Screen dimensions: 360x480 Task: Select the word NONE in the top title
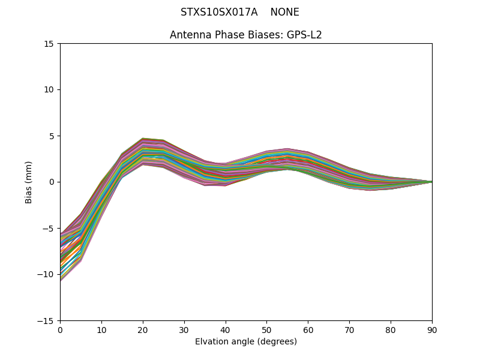tap(284, 12)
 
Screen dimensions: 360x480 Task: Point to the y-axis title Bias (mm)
tap(29, 182)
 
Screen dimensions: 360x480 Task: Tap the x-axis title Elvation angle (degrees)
tap(246, 341)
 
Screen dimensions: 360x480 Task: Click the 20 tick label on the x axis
tap(143, 329)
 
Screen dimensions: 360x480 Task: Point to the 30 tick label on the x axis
tap(184, 329)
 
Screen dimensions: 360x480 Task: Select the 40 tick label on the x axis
tap(226, 329)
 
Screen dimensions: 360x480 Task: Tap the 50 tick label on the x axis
tap(267, 329)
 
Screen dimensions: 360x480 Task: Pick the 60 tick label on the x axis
tap(308, 329)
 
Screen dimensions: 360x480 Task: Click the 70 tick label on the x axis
tap(349, 329)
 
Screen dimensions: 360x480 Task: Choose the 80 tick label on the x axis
tap(391, 329)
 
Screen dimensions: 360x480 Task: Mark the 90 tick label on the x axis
tap(432, 329)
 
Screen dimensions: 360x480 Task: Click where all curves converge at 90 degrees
tap(431, 182)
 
